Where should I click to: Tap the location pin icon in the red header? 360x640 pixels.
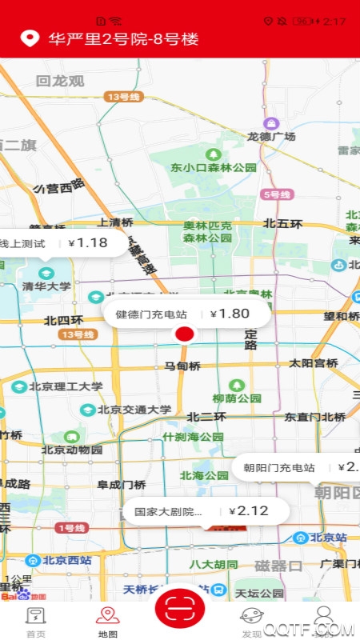(x=30, y=38)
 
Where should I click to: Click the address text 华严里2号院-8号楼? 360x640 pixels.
(x=123, y=38)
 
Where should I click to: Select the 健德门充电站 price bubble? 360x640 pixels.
(x=186, y=314)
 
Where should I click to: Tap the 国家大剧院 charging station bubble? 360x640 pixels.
(x=194, y=510)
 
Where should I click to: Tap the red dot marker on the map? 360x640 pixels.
(x=185, y=334)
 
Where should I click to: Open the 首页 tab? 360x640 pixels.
(x=35, y=622)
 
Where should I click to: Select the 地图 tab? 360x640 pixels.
(x=108, y=622)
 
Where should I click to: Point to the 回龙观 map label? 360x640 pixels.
(x=60, y=81)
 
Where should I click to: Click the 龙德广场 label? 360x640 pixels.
(x=272, y=137)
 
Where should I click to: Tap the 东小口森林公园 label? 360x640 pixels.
(x=213, y=167)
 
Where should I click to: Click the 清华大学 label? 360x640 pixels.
(x=46, y=286)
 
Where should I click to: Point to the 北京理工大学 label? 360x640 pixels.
(x=66, y=386)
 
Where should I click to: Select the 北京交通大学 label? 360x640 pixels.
(x=134, y=410)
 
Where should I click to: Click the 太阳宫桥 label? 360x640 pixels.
(x=314, y=363)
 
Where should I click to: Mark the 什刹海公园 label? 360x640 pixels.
(x=193, y=437)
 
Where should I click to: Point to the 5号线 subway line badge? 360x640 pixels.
(x=277, y=194)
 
